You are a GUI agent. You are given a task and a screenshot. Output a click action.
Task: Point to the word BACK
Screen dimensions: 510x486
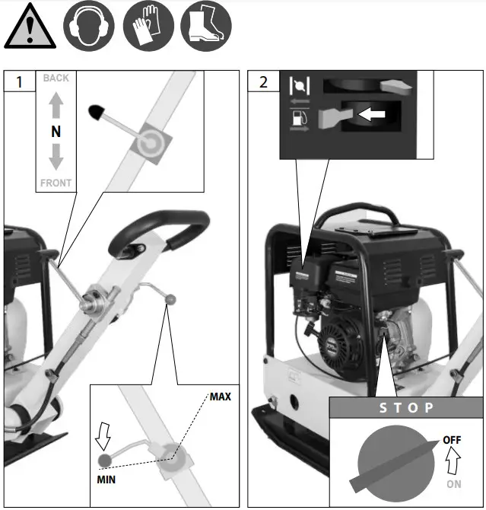tap(56, 78)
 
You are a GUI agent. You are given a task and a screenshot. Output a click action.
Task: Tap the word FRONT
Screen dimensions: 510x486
tap(56, 183)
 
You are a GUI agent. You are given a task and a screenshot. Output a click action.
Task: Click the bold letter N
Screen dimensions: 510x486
tap(56, 132)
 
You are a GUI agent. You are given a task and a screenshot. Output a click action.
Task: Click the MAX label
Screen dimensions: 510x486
tap(220, 397)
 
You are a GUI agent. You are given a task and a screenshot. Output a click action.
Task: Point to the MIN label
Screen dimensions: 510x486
tap(106, 480)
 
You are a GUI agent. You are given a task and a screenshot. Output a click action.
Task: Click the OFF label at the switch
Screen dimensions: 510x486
tap(452, 439)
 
